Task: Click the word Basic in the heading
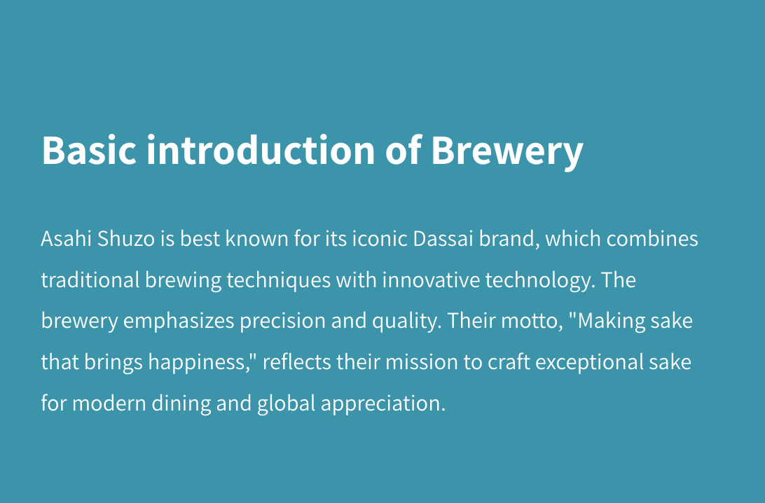click(x=89, y=150)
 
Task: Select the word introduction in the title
click(x=261, y=149)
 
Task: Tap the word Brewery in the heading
click(x=507, y=152)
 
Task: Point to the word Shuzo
click(x=126, y=239)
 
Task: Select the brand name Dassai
click(x=443, y=239)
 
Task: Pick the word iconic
click(x=380, y=239)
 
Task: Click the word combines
click(x=652, y=239)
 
